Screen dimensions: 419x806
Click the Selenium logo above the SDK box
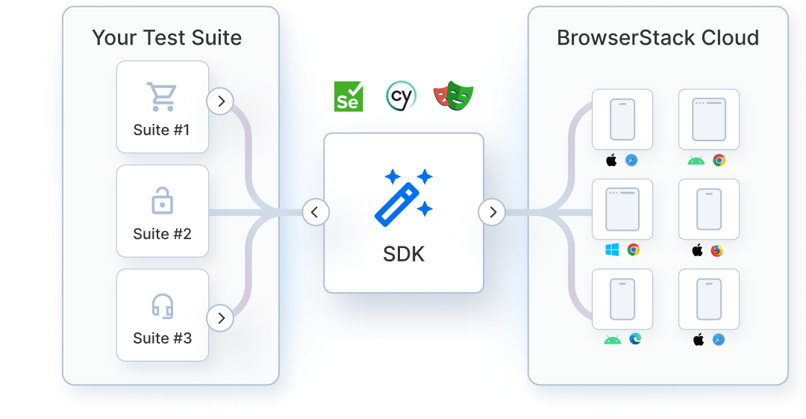click(349, 96)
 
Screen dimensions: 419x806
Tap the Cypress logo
click(401, 96)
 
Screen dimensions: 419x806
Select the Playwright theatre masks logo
click(453, 96)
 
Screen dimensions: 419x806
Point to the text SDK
click(404, 254)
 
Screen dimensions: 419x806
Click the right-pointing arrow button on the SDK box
click(492, 213)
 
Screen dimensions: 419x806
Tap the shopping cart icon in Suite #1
click(162, 97)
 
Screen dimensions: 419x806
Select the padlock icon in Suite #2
click(162, 201)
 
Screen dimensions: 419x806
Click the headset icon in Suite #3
click(162, 305)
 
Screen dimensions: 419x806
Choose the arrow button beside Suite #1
click(220, 101)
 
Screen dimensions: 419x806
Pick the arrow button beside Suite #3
click(220, 318)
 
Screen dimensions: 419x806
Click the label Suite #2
click(162, 234)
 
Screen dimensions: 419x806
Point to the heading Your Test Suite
click(167, 38)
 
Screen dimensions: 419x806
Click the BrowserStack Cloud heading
click(657, 38)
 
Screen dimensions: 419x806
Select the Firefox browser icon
click(717, 250)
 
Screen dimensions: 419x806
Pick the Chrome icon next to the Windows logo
click(634, 250)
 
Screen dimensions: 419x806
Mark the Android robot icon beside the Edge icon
click(613, 340)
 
